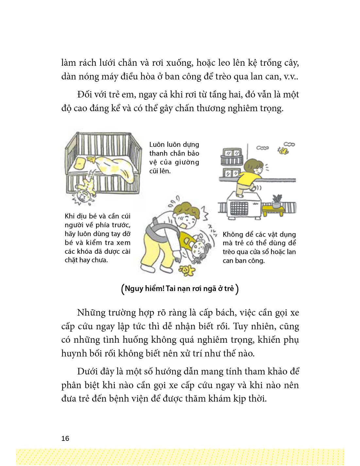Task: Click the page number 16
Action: [x=65, y=438]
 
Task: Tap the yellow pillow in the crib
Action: [x=80, y=163]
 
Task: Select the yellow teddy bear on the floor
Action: [x=186, y=270]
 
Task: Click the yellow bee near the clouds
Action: [x=283, y=151]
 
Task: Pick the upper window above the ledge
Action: [x=232, y=153]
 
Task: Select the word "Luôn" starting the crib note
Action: [x=157, y=145]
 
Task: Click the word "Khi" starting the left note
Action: [x=70, y=216]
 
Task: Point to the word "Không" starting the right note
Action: [x=233, y=234]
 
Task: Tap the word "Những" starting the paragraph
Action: [x=90, y=313]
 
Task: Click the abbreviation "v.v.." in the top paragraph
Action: [x=291, y=77]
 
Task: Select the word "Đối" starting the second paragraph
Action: [x=85, y=95]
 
